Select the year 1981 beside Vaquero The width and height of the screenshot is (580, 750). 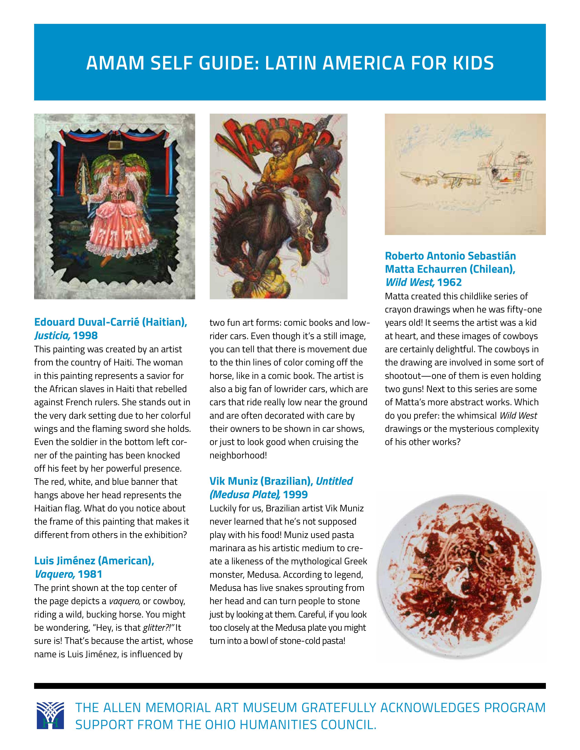[x=90, y=574]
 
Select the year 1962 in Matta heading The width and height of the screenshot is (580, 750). [x=449, y=282]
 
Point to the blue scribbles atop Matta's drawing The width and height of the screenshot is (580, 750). [x=443, y=137]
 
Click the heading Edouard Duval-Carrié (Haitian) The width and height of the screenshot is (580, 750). [x=111, y=322]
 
